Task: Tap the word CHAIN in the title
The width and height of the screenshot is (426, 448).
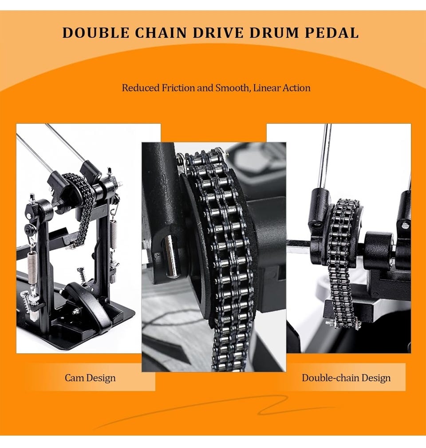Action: coord(161,33)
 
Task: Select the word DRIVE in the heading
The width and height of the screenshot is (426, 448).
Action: coord(218,33)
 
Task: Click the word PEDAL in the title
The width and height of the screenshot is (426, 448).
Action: coord(331,33)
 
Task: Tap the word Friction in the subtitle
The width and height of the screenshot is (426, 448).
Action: coord(178,87)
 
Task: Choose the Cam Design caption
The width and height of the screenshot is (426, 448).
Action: coord(90,378)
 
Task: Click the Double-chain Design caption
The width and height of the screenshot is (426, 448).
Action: coord(346,378)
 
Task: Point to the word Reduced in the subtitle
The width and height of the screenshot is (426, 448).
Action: coord(141,87)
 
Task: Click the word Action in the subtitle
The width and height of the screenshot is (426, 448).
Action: coord(297,87)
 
